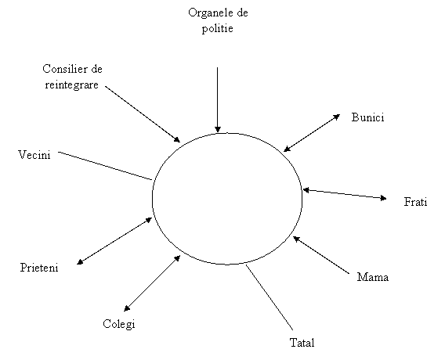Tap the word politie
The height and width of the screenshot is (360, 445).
(217, 29)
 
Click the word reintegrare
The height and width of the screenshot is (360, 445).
(71, 85)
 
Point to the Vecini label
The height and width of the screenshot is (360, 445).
(34, 155)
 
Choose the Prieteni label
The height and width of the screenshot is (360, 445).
(39, 268)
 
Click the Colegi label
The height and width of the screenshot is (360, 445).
(119, 324)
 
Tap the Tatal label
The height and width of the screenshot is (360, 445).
(302, 343)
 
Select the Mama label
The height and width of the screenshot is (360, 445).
(373, 277)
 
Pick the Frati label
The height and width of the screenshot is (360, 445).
(415, 202)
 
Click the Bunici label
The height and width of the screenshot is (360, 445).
(367, 117)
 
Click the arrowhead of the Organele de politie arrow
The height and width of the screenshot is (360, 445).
(217, 129)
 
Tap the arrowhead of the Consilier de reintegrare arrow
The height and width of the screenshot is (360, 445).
(177, 139)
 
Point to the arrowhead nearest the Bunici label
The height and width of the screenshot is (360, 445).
(337, 117)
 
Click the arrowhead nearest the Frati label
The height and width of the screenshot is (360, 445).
(383, 198)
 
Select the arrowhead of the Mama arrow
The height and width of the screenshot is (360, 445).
(296, 239)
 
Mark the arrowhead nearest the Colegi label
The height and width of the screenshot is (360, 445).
(127, 308)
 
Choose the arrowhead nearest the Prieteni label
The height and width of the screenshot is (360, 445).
(80, 262)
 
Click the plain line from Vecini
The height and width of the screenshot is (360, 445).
(105, 166)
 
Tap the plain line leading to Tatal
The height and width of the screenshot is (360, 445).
(269, 297)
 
